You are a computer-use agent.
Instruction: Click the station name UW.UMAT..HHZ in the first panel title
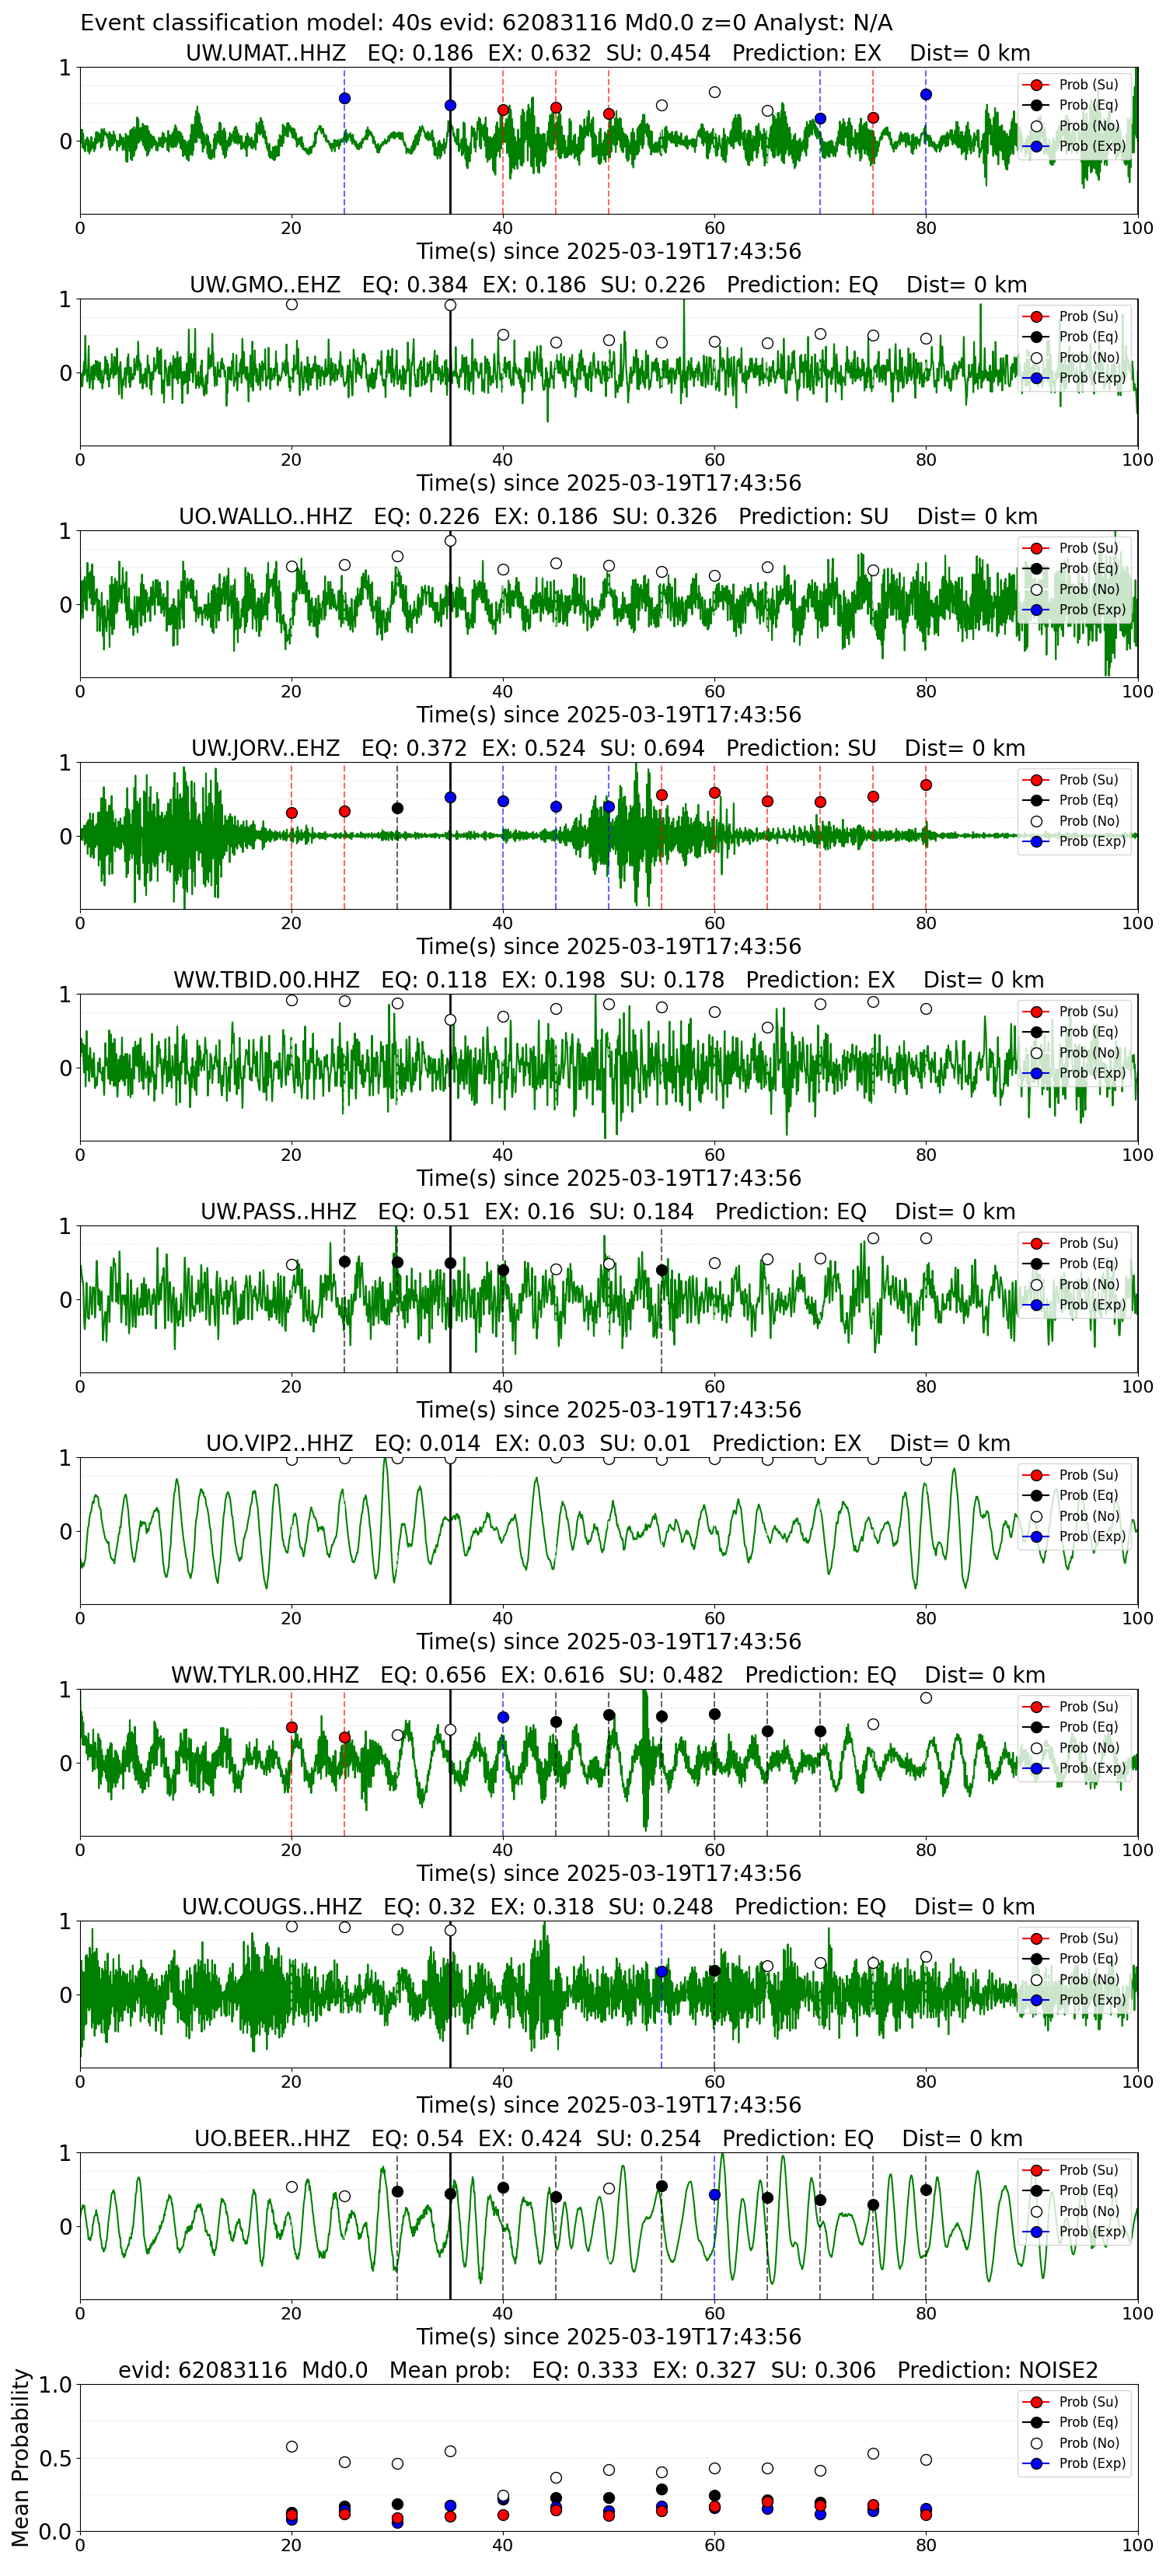[266, 53]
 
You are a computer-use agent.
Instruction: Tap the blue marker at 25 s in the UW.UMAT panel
[344, 99]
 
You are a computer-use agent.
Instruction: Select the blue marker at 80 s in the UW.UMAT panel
[926, 95]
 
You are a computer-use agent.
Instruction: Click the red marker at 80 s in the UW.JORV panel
[926, 785]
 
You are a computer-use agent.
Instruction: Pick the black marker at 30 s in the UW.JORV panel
[397, 808]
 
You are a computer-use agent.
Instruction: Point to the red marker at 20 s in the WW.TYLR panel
[291, 1727]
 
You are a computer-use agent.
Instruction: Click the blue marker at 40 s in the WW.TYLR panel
[503, 1718]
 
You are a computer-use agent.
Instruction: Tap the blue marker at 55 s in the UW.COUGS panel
[662, 1971]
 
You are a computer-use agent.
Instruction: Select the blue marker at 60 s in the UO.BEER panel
[714, 2194]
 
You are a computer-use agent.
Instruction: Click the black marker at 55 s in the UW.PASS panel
[662, 1270]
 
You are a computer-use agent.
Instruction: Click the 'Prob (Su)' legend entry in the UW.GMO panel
[1073, 316]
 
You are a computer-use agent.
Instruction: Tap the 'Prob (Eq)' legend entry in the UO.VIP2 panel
[1073, 1495]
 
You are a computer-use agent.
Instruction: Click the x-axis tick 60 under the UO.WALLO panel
[714, 691]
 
